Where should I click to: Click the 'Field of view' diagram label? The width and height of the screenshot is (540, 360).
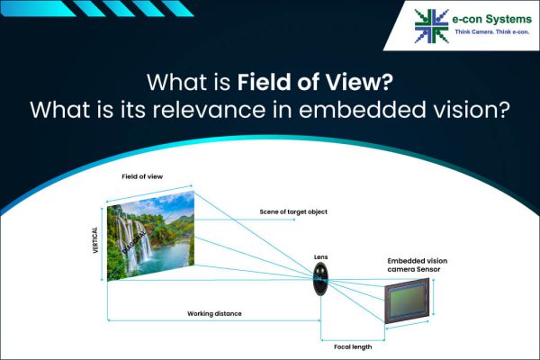(x=142, y=176)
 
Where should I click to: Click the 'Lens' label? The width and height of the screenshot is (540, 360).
(x=321, y=257)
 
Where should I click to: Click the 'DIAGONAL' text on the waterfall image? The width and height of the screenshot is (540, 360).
(x=141, y=238)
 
